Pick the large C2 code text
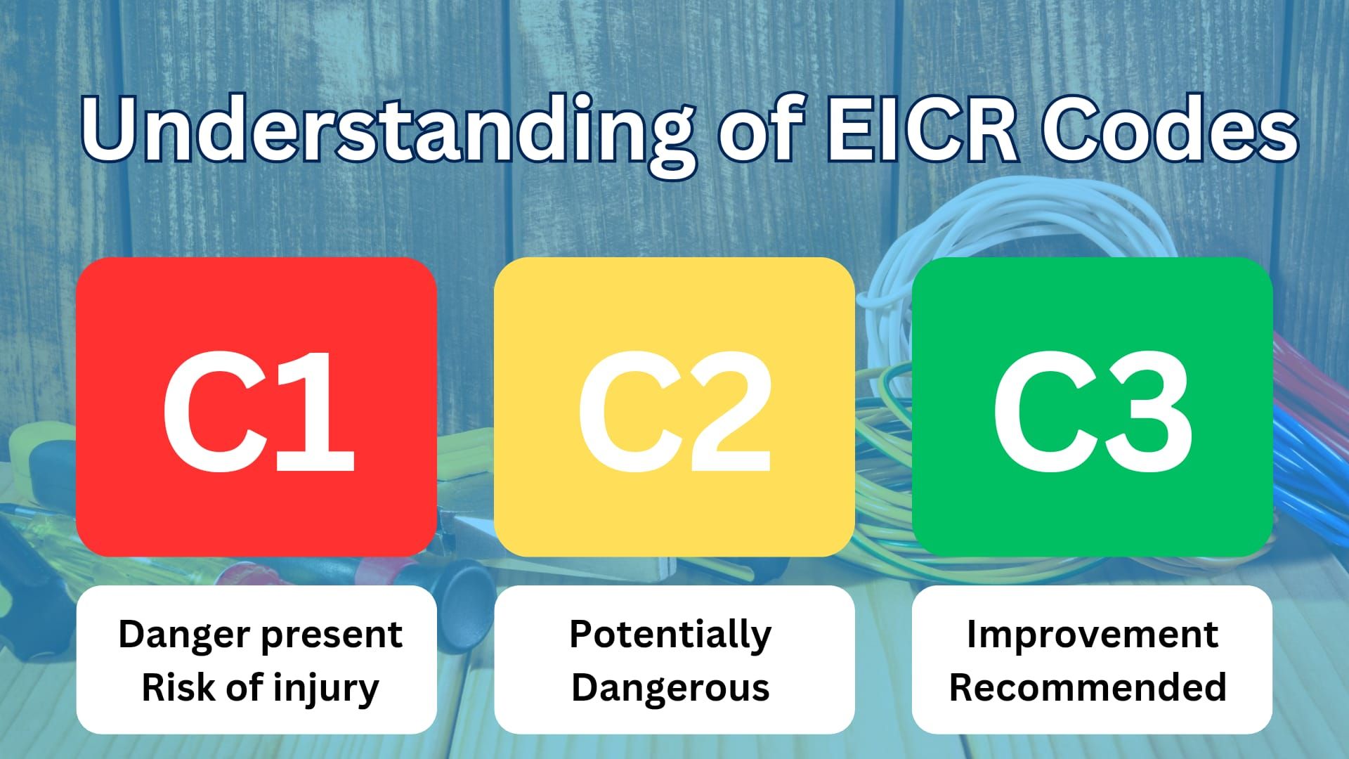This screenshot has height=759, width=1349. click(674, 411)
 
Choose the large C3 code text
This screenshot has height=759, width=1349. click(1093, 411)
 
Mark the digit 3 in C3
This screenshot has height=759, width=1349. click(1149, 411)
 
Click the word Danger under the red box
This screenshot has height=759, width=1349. click(183, 634)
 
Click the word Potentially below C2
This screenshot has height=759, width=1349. click(670, 635)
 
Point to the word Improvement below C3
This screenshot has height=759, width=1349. click(1092, 635)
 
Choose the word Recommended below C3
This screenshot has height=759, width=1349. click(1088, 687)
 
